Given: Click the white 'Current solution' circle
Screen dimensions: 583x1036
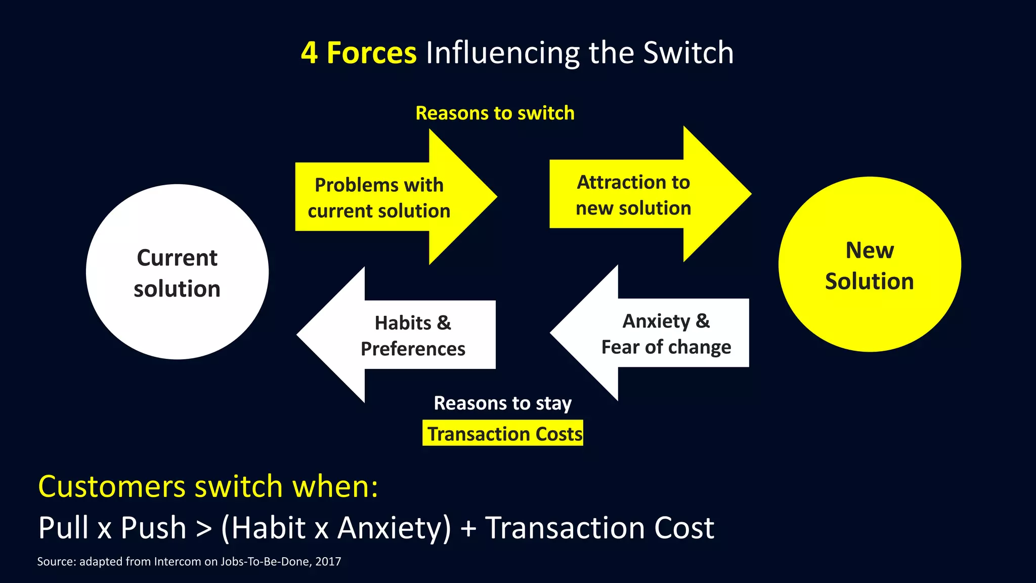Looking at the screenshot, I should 177,272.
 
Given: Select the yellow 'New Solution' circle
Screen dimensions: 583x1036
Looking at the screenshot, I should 869,264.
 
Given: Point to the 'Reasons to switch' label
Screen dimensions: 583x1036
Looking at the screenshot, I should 495,113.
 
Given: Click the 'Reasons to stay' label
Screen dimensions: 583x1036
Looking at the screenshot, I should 502,403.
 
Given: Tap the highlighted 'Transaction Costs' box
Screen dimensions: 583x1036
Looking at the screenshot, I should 503,433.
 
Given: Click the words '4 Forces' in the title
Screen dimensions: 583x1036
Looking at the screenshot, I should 359,53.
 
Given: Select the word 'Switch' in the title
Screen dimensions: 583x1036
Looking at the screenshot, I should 688,53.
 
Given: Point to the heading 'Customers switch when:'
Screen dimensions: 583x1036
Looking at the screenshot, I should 208,486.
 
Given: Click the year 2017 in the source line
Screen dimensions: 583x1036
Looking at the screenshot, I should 328,561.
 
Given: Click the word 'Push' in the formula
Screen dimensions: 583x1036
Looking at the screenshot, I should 154,528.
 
